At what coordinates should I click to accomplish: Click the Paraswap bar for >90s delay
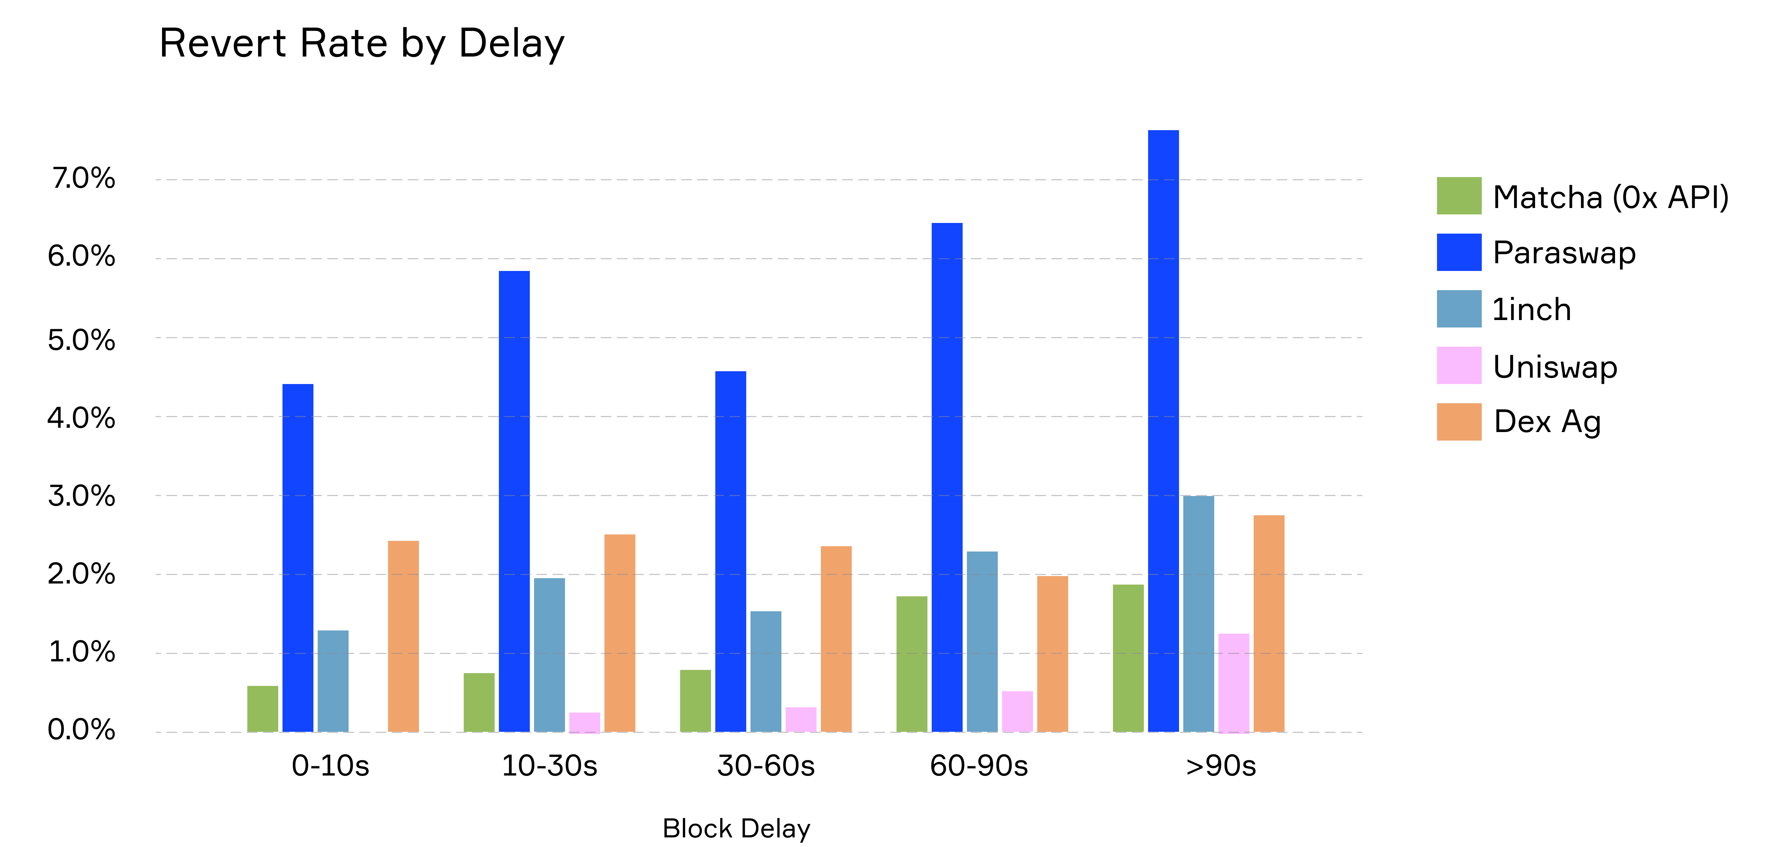(1163, 431)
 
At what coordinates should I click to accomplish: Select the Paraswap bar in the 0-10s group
(298, 558)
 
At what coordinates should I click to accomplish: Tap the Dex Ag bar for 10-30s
(620, 633)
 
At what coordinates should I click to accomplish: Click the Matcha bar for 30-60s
(695, 701)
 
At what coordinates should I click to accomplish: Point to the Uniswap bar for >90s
(1233, 683)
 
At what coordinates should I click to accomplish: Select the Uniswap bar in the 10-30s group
(585, 722)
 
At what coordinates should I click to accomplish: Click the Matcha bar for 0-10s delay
(263, 709)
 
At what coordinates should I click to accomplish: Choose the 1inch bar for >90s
(1198, 614)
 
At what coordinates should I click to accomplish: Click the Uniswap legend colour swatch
(1459, 366)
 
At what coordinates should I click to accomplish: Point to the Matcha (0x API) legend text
(1610, 197)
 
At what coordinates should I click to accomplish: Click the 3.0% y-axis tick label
(81, 496)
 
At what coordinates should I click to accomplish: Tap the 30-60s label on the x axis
(766, 766)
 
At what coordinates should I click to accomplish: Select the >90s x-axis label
(1220, 766)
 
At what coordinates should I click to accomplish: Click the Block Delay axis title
(736, 829)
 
